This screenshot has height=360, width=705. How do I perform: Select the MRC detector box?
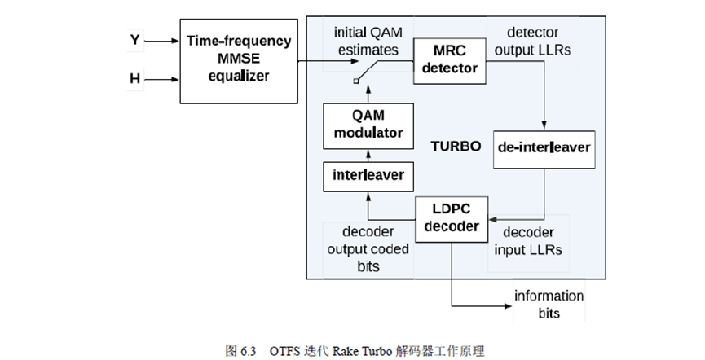point(451,60)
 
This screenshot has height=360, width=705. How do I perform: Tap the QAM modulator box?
point(364,125)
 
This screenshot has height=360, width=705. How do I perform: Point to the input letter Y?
point(135,39)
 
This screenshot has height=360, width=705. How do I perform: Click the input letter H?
point(135,79)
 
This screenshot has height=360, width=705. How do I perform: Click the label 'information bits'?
point(547,304)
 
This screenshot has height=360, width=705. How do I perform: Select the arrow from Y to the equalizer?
point(164,39)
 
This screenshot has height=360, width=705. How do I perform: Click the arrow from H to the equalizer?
point(164,79)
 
